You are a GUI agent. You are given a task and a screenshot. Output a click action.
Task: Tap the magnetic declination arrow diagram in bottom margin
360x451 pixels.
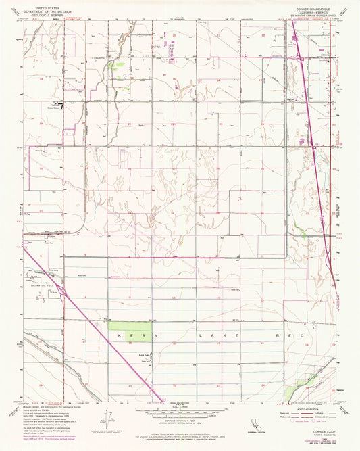[x=103, y=419]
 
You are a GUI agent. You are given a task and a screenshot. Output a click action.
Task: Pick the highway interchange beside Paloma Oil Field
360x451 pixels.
[x=63, y=289]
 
